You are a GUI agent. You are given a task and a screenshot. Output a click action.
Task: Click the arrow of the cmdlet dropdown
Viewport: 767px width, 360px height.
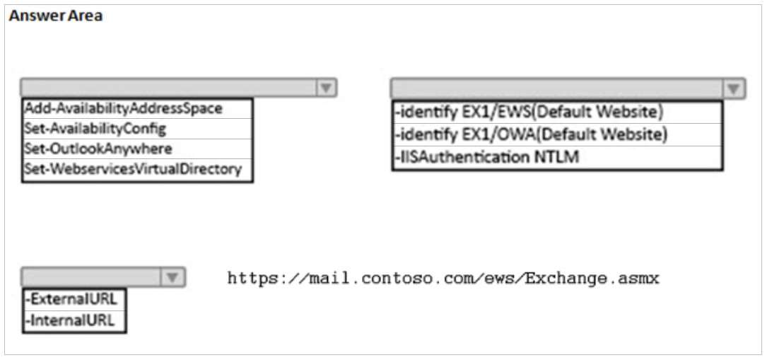tap(327, 88)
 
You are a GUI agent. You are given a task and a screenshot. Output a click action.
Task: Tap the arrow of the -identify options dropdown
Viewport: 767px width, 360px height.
tap(733, 88)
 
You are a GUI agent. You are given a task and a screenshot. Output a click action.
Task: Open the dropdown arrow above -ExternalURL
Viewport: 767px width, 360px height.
tap(172, 277)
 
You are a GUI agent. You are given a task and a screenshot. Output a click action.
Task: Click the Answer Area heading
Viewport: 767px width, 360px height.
tap(56, 16)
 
